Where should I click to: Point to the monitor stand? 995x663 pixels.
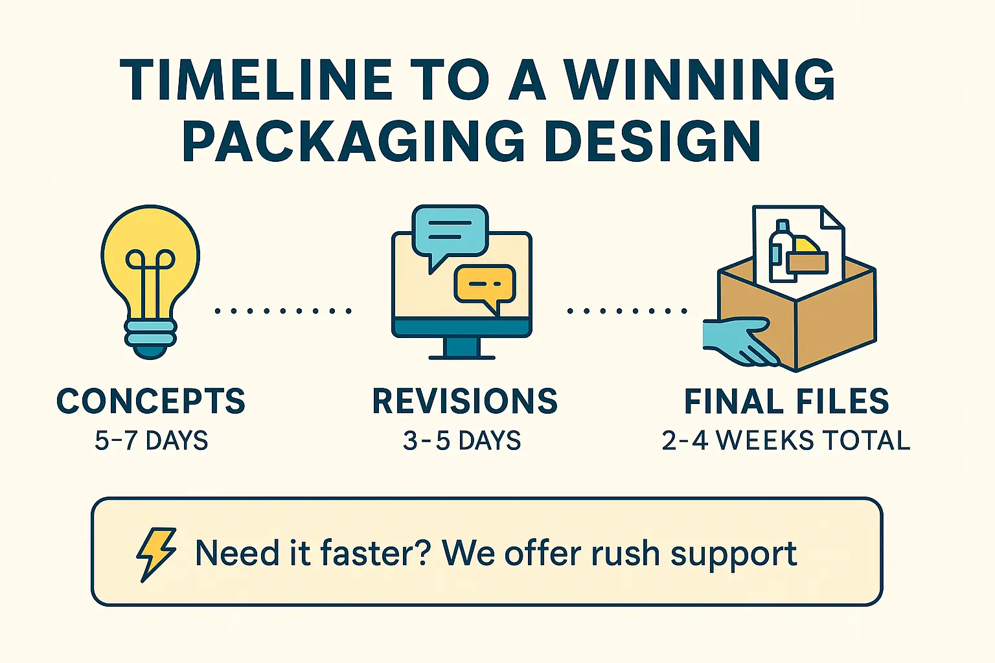click(462, 348)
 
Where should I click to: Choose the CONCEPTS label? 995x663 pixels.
click(151, 401)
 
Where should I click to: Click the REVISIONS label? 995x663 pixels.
click(464, 401)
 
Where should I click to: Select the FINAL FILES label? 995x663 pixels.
click(786, 401)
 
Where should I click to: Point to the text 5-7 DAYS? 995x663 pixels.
click(152, 440)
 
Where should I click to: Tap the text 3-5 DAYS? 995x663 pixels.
click(462, 440)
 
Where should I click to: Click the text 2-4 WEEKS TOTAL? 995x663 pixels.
click(786, 440)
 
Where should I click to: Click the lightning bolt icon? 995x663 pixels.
click(156, 554)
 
